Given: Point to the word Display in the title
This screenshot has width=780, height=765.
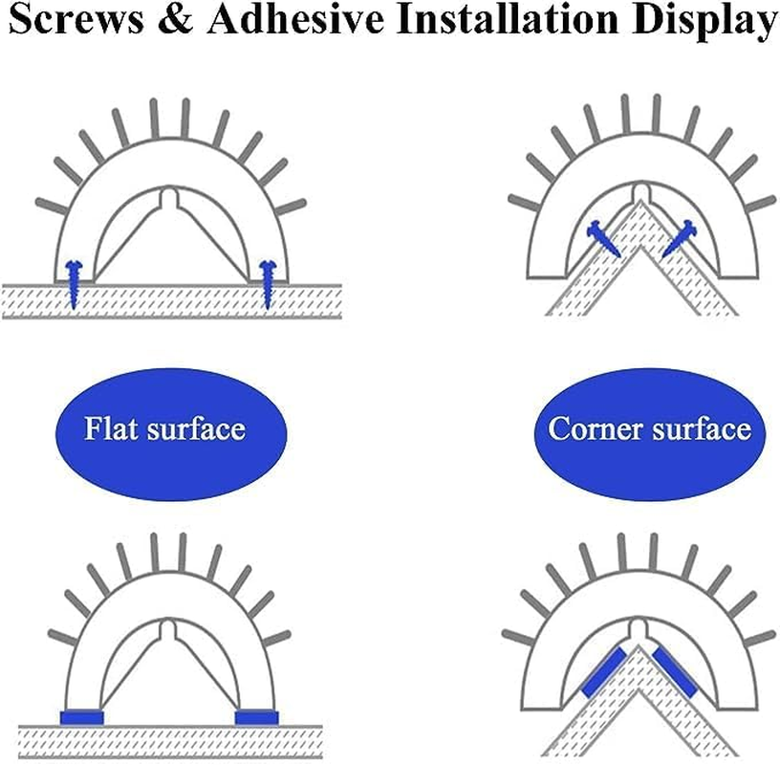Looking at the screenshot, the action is click(x=704, y=22).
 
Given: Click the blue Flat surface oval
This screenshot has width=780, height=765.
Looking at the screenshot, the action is click(x=171, y=434).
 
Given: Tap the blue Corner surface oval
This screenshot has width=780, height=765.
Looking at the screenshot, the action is click(x=650, y=434).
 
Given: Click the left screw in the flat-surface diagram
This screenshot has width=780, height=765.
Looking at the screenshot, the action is click(x=73, y=284).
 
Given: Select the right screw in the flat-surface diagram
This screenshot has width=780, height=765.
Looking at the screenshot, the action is click(x=267, y=284).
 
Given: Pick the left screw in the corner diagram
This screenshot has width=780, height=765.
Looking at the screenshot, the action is click(x=603, y=239).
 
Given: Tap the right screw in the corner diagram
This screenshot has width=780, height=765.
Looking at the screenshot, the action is click(x=680, y=239).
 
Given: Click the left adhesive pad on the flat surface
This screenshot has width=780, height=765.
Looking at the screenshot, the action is click(x=81, y=718).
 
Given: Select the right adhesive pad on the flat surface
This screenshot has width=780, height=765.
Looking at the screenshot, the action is click(x=257, y=718).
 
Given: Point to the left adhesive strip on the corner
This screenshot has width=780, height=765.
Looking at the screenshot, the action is click(x=603, y=672).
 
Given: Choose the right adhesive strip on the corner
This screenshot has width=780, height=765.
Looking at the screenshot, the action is click(x=675, y=672).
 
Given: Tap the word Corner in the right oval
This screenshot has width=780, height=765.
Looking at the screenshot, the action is click(x=595, y=429).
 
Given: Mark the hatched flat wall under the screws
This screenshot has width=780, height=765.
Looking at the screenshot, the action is click(x=172, y=300).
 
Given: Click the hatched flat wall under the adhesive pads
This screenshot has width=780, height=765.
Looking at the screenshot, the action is click(x=170, y=742).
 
